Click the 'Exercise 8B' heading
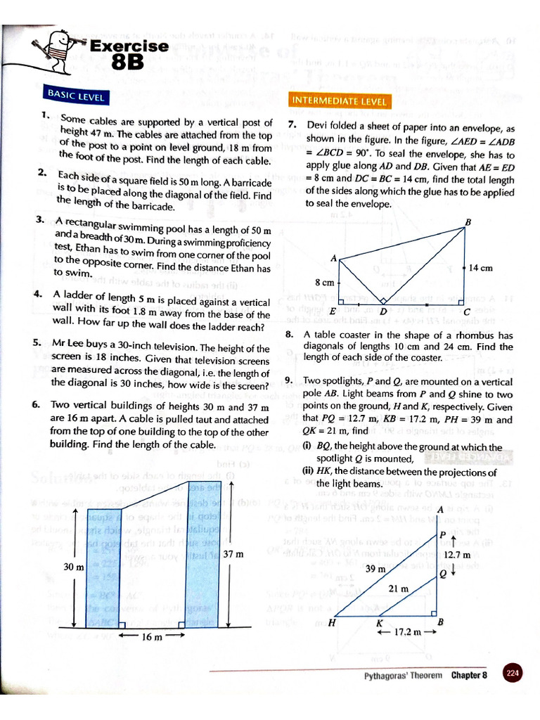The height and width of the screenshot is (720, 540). click(129, 54)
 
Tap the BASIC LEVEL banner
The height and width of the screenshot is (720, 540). click(76, 96)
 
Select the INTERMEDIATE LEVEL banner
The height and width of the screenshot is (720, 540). click(339, 101)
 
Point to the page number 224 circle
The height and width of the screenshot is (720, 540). click(513, 674)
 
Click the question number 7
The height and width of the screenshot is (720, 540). click(291, 125)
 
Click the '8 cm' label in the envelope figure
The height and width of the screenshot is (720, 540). click(324, 282)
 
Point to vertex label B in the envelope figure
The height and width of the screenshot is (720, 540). click(468, 223)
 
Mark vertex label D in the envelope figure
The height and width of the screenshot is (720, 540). click(383, 311)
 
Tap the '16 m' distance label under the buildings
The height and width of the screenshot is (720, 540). click(153, 637)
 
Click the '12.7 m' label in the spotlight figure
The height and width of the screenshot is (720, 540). click(458, 554)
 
